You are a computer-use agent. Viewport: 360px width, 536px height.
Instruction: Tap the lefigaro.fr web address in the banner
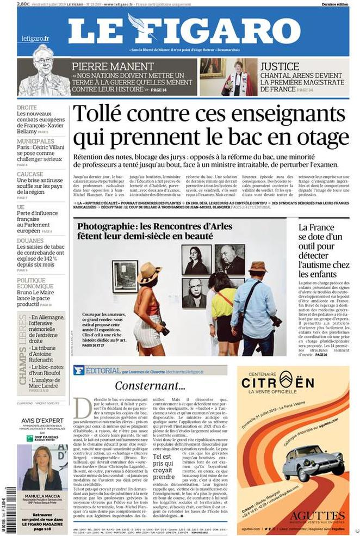[x=35, y=38]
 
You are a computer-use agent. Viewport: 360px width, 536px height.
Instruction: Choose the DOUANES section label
[x=30, y=240]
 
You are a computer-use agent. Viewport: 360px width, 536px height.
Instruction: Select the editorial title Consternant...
[x=150, y=386]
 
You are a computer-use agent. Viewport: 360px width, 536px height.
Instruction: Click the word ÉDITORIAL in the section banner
[x=102, y=371]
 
